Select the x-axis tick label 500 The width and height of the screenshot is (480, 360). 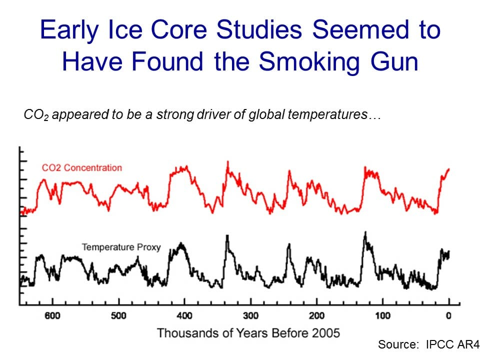[118, 315]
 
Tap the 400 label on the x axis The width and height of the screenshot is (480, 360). [184, 315]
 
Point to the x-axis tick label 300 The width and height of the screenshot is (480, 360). [250, 315]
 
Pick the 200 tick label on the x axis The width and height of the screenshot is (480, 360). [316, 315]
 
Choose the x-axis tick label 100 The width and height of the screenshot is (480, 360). [382, 315]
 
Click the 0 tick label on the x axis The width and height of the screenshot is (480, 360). [448, 315]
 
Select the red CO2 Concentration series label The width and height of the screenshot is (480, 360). [81, 167]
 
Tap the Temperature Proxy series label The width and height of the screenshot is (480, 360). [121, 247]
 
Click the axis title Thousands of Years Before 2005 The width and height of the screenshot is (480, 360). [248, 332]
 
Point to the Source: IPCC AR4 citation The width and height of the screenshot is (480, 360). [428, 344]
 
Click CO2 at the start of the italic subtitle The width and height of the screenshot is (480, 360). [36, 115]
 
